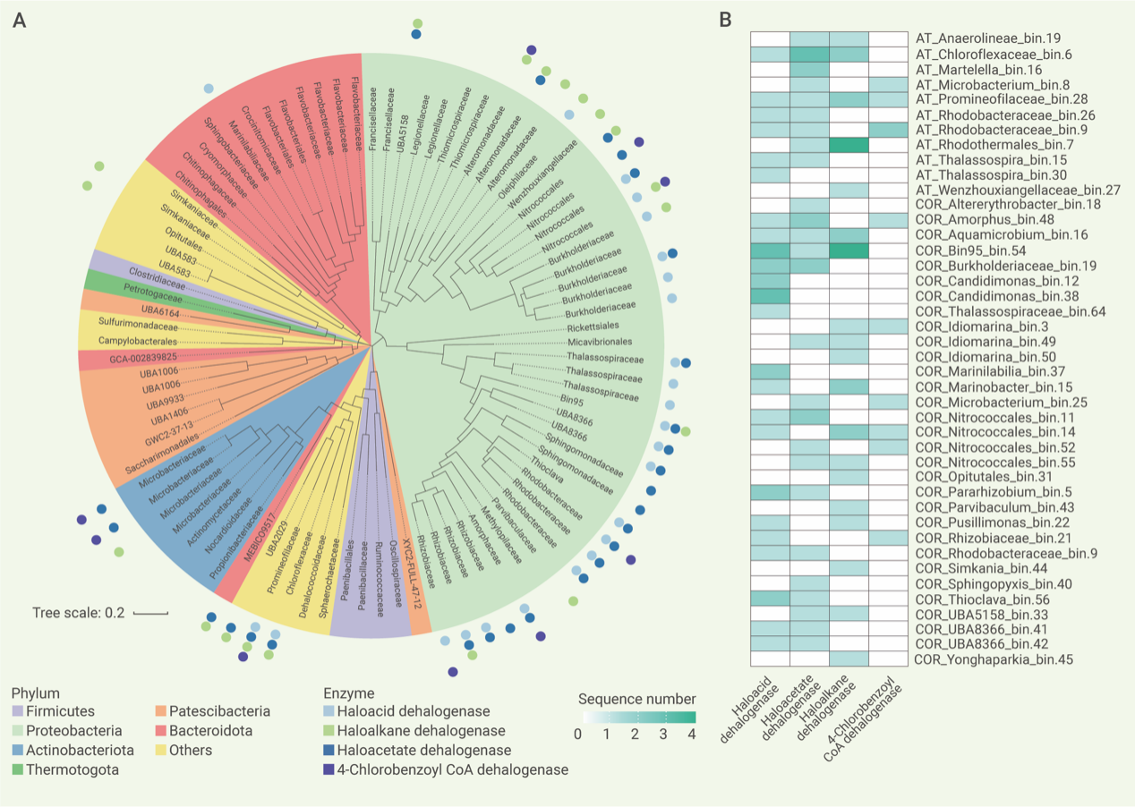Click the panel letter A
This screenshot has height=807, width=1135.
click(19, 20)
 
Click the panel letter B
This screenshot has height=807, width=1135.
click(727, 19)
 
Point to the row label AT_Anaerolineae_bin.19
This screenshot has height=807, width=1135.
click(987, 38)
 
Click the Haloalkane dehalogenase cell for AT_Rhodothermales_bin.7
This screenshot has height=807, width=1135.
click(849, 143)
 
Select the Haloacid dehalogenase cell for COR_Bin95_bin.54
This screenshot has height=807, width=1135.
click(770, 251)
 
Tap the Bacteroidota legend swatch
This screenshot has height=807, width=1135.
click(154, 731)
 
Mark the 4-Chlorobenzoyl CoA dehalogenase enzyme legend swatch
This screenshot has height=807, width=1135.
click(330, 769)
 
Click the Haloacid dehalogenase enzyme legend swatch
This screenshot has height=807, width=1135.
click(330, 712)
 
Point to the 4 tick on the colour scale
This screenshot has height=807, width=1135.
click(691, 734)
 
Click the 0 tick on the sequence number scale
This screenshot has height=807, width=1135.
click(578, 734)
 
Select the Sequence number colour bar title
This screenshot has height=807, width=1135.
click(636, 698)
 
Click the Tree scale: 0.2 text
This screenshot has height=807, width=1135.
click(79, 613)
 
